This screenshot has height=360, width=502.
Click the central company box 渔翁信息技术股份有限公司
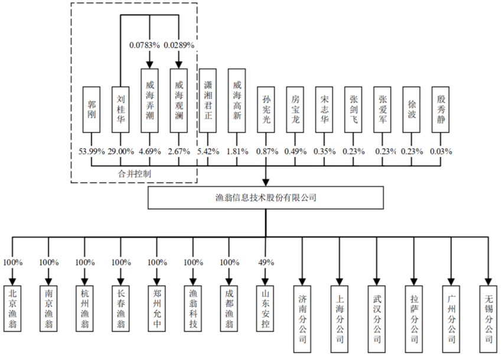(266, 198)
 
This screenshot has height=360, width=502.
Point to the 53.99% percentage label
(92, 152)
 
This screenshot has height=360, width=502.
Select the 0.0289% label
(180, 45)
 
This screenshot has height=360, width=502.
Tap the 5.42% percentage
(208, 152)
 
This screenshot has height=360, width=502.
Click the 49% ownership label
(265, 262)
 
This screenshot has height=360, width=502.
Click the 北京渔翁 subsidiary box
(12, 306)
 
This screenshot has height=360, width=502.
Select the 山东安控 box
(265, 306)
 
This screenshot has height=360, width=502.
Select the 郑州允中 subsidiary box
(157, 306)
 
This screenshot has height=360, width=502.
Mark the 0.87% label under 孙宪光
(266, 152)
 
